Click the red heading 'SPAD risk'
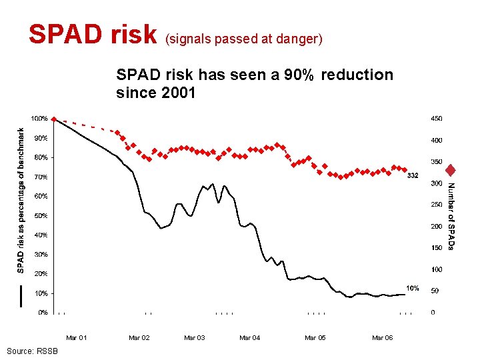[92, 35]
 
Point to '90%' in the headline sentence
[297, 75]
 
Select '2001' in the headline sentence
[179, 93]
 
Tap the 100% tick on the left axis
[41, 119]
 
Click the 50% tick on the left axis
[41, 216]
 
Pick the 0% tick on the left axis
[43, 312]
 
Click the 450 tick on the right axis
[436, 119]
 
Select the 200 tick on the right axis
[436, 226]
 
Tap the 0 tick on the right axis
[433, 312]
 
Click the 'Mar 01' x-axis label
[77, 338]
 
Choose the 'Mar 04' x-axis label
[250, 338]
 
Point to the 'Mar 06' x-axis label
[383, 338]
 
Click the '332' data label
[413, 176]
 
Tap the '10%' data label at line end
[413, 288]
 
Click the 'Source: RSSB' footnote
[32, 351]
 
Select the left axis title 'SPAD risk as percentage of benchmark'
[21, 200]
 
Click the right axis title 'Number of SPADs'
[451, 217]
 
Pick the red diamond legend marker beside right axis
[451, 170]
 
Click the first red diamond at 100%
[54, 119]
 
